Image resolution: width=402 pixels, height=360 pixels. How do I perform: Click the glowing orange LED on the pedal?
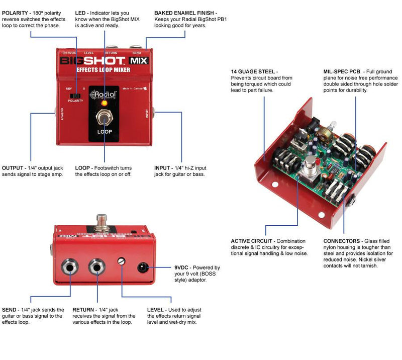pos(105,103)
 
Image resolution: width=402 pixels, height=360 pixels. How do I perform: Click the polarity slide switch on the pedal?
pos(76,95)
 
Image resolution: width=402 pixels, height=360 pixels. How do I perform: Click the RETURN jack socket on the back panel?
pos(96,266)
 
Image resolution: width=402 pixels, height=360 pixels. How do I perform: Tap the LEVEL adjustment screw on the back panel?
pos(121,260)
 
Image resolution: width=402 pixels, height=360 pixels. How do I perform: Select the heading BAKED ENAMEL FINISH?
pos(186,12)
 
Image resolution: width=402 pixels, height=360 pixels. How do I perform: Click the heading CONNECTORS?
pos(342,241)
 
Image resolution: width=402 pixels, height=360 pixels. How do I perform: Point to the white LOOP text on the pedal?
pos(105,132)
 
